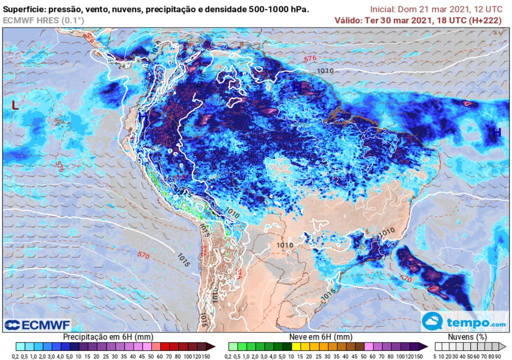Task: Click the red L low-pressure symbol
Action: point(15,105)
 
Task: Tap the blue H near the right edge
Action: point(496,132)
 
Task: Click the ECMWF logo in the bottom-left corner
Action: point(37,324)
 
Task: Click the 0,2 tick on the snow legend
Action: point(228,356)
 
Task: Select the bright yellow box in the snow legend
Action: point(296,346)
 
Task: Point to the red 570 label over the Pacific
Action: point(143,255)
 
